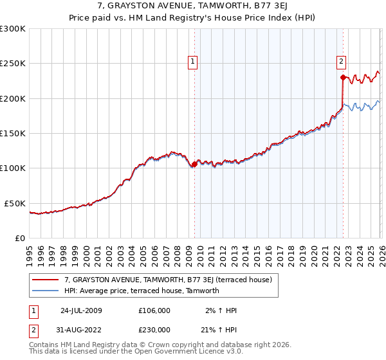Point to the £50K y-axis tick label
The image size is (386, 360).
pyautogui.click(x=15, y=203)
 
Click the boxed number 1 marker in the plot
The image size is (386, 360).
pyautogui.click(x=192, y=62)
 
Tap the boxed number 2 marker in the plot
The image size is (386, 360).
pyautogui.click(x=340, y=62)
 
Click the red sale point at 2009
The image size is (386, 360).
pyautogui.click(x=195, y=165)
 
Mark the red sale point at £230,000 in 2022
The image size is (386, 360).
pyautogui.click(x=343, y=78)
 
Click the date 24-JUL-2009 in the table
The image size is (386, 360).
pyautogui.click(x=81, y=310)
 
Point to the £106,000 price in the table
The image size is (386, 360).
pyautogui.click(x=155, y=310)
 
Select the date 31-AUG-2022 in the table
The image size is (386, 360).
pyautogui.click(x=81, y=329)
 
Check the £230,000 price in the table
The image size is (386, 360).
pyautogui.click(x=155, y=329)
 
